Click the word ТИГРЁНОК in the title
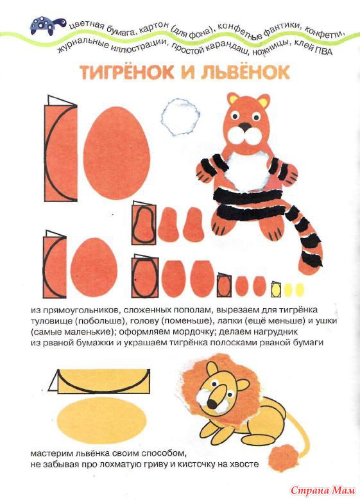click(x=127, y=73)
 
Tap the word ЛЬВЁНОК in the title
click(x=245, y=73)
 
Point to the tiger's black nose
click(x=244, y=126)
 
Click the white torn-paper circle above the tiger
click(x=180, y=117)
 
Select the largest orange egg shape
click(x=116, y=153)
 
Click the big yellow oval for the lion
click(x=102, y=418)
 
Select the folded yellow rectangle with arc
click(x=99, y=381)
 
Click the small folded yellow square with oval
click(x=275, y=289)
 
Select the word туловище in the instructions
click(x=51, y=321)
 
